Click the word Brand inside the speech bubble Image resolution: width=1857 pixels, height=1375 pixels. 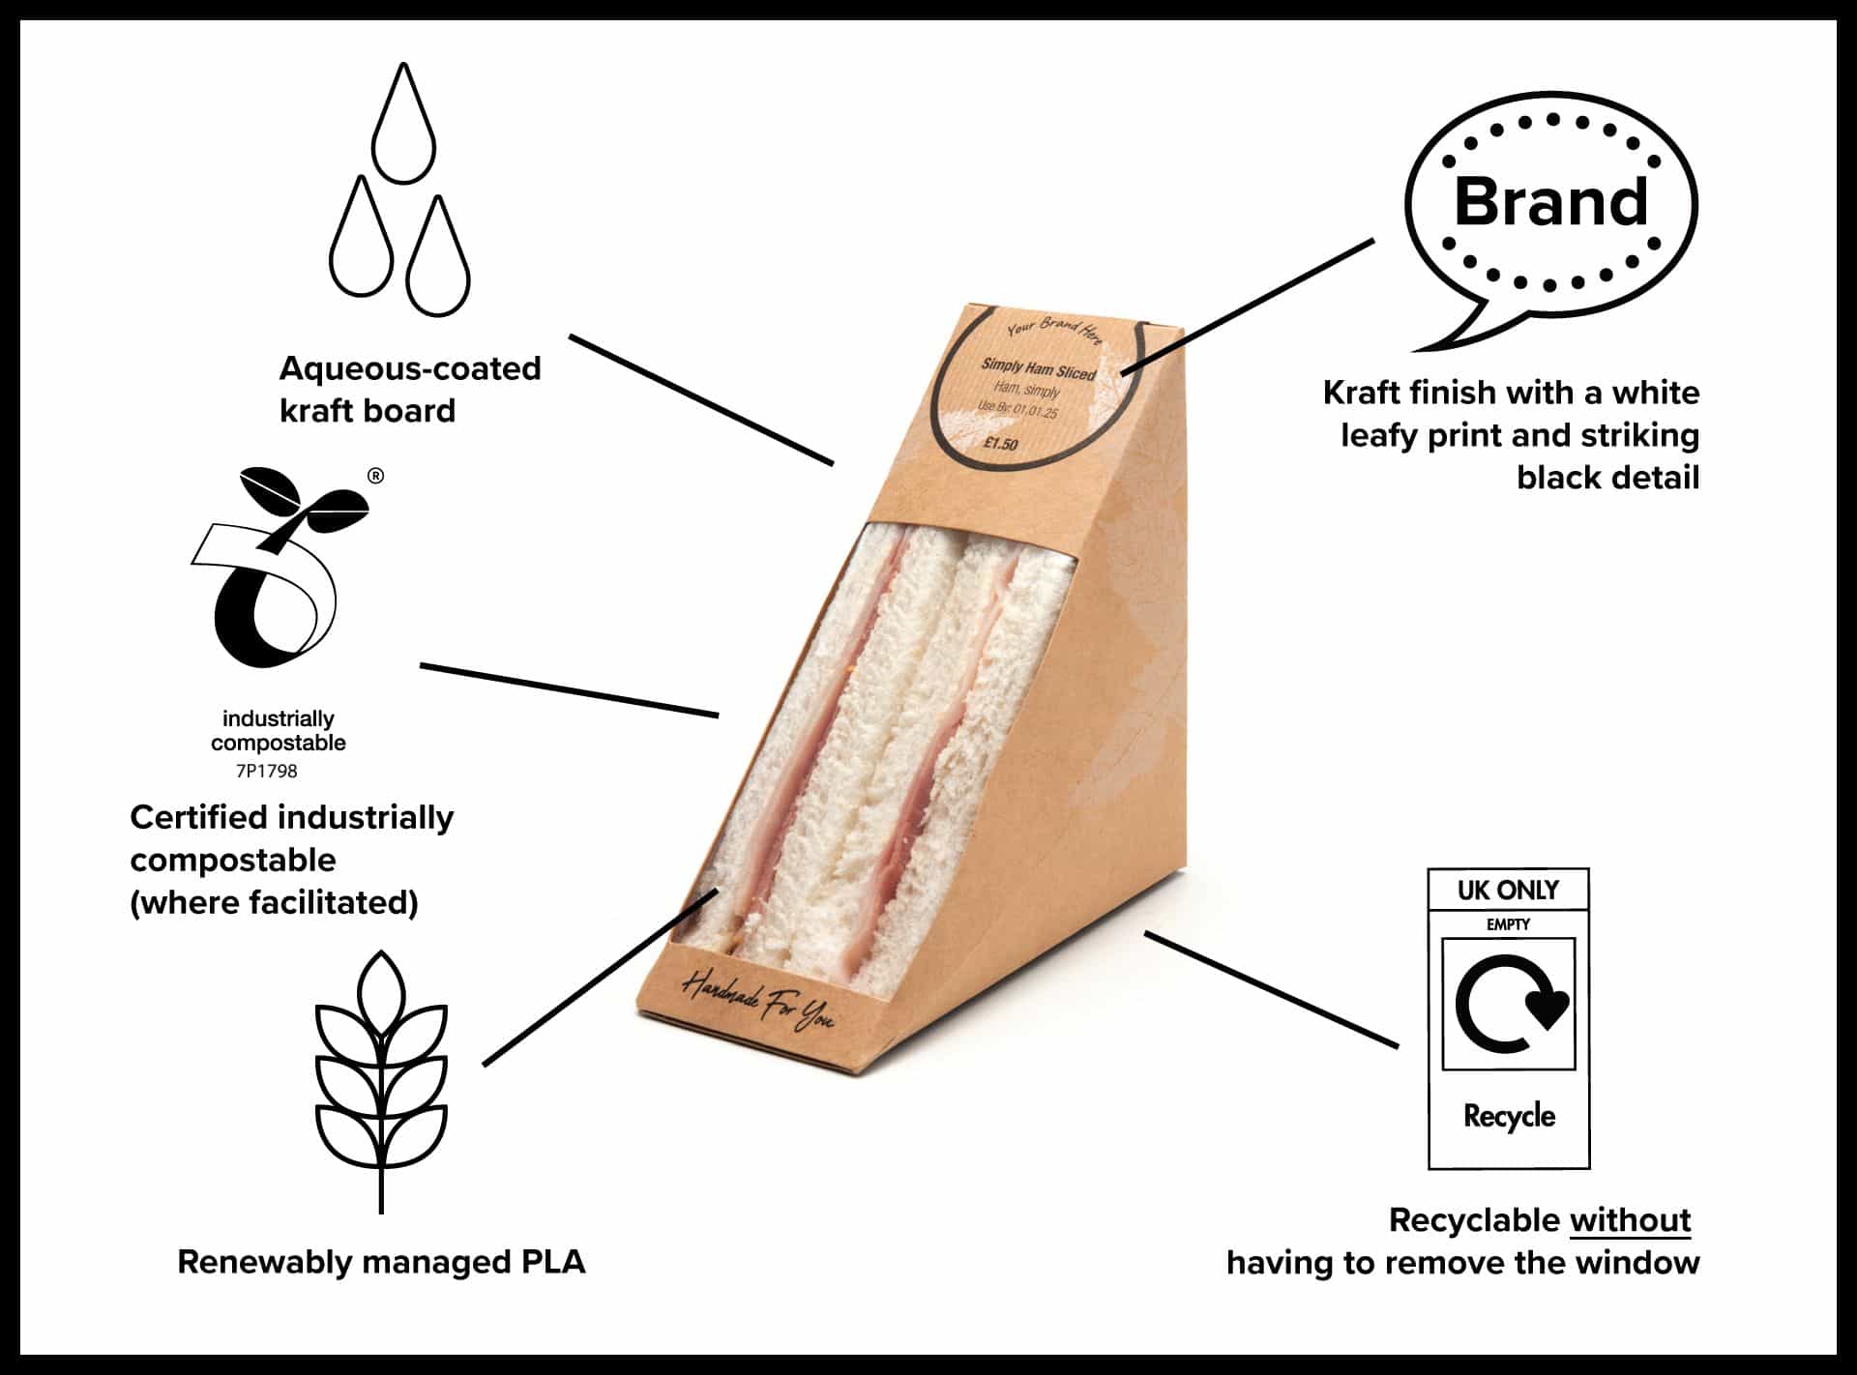coord(1550,202)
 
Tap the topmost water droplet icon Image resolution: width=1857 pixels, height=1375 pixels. coord(404,126)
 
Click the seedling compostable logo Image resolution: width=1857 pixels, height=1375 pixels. coord(276,570)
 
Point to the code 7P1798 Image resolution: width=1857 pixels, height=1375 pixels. coord(267,772)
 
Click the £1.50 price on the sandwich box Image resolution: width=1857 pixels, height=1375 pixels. coord(1001,444)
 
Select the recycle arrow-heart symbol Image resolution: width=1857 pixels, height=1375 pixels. coord(1510,1003)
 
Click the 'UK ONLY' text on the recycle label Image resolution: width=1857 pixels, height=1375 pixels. coord(1508,890)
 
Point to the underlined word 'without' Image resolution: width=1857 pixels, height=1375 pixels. coord(1630,1220)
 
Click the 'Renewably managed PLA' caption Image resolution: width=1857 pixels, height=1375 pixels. coord(381,1262)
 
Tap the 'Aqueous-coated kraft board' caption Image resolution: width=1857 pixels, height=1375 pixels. coord(409,389)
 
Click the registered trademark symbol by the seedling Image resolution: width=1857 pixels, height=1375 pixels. coord(376,476)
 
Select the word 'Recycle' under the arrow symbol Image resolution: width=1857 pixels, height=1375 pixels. coord(1509,1117)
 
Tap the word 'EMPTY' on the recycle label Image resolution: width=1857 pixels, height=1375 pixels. coord(1508,925)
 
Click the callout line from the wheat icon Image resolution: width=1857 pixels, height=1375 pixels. coord(600,977)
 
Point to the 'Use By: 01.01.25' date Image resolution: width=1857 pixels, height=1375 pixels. coord(1017,409)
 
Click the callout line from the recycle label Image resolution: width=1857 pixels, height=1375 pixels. coord(1271,989)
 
